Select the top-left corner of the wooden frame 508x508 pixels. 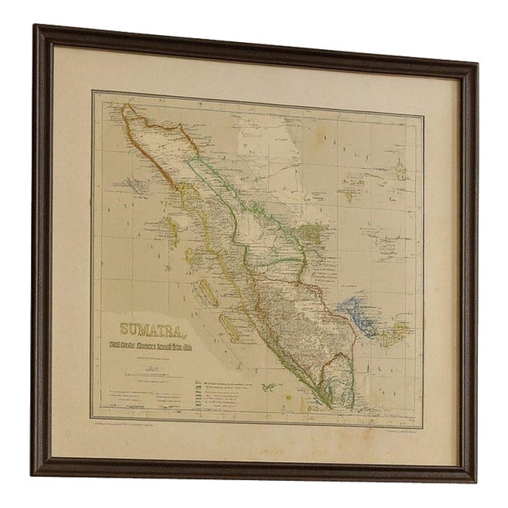pos(37,27)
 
